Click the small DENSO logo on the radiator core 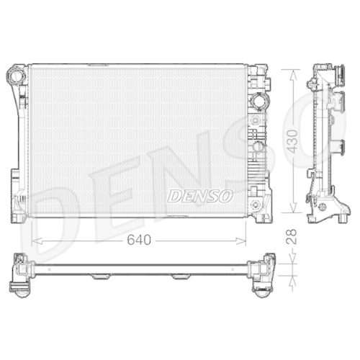[199, 194]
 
